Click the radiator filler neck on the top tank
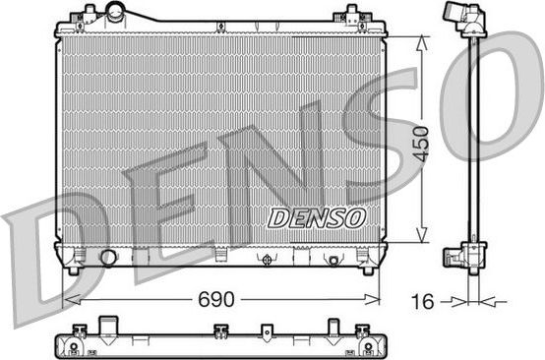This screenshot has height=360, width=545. pyautogui.click(x=117, y=13)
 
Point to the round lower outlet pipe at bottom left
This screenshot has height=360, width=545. pyautogui.click(x=108, y=258)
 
